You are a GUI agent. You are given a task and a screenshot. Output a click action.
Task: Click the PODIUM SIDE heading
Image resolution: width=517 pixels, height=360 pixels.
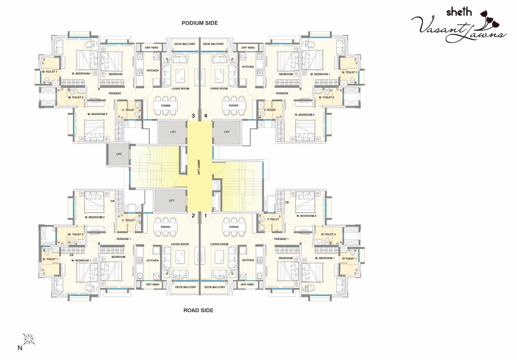[199, 23]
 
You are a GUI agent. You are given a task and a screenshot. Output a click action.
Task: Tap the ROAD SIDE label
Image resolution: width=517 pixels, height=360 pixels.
[198, 310]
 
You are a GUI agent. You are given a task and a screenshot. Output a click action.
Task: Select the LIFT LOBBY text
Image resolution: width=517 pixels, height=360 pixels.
[199, 167]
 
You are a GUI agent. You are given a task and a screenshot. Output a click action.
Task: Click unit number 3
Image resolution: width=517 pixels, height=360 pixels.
[193, 116]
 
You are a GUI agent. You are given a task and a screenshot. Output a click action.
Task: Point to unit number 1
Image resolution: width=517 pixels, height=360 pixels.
[206, 216]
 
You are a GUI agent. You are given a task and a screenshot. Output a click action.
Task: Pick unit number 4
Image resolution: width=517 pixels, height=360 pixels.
[206, 116]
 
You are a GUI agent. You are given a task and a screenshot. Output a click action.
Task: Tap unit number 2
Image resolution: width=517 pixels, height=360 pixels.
[193, 216]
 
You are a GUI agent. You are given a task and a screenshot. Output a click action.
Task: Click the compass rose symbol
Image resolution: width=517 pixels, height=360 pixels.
[29, 339]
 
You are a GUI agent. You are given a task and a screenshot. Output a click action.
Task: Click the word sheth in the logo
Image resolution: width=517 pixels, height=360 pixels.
[459, 12]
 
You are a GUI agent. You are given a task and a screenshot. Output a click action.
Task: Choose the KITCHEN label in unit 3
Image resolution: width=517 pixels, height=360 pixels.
[153, 71]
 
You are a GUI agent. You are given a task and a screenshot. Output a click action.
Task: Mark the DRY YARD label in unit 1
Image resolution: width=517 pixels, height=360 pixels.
[248, 284]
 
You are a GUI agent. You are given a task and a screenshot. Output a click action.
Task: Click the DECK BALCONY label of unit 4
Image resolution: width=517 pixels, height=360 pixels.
[213, 44]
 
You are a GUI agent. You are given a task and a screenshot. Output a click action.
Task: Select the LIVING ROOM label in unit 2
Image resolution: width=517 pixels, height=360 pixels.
[180, 244]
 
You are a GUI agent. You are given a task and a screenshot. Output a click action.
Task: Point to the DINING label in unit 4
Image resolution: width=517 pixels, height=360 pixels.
[234, 106]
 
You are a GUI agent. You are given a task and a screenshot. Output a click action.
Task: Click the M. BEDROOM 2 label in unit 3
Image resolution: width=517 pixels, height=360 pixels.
[97, 114]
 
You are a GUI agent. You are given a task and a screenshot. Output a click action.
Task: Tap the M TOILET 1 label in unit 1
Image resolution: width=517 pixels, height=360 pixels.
[349, 259]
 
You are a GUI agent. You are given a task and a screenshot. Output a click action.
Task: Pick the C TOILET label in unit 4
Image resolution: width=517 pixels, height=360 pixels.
[270, 110]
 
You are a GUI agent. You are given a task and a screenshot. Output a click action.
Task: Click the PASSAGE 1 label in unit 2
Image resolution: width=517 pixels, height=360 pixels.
[123, 239]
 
